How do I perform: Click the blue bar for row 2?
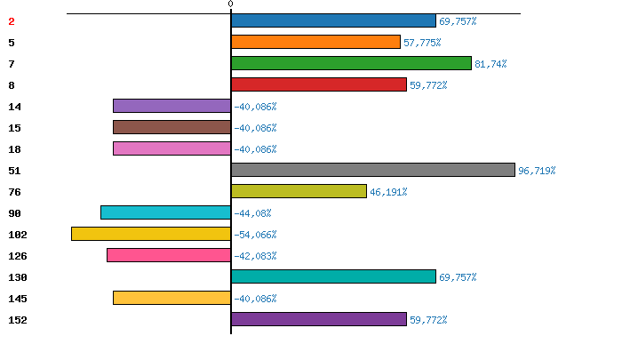point(333,20)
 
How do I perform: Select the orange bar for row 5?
point(315,42)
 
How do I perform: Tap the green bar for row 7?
point(352,63)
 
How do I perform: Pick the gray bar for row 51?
point(373,170)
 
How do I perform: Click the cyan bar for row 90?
point(166,212)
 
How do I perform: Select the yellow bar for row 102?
point(151,234)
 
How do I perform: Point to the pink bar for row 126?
point(169,255)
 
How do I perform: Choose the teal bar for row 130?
point(333,276)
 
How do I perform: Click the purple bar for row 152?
point(319,319)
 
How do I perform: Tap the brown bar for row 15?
point(172,127)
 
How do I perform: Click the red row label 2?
point(12,21)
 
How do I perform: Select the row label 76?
point(15,192)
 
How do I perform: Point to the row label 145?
point(18,299)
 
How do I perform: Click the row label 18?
point(15,149)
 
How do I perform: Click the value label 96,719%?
point(537,171)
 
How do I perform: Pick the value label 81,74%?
point(490,64)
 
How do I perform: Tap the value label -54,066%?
point(255,235)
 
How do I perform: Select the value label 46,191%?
point(388,192)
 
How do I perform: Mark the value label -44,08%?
point(252,213)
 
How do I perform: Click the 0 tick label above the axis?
point(230,4)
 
